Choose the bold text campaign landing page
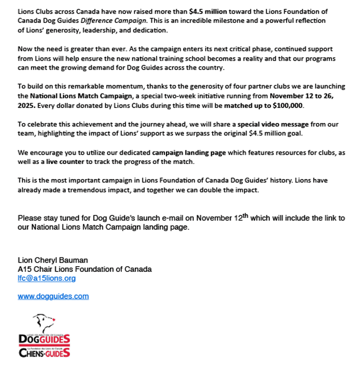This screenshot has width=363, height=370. tap(184, 153)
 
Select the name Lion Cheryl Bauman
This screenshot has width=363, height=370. tap(53, 260)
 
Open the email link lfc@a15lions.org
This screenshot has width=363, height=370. tap(47, 278)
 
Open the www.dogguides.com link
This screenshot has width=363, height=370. tap(53, 296)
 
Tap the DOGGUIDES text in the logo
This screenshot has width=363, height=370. tap(44, 339)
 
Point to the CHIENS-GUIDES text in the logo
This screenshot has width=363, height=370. tap(44, 353)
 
